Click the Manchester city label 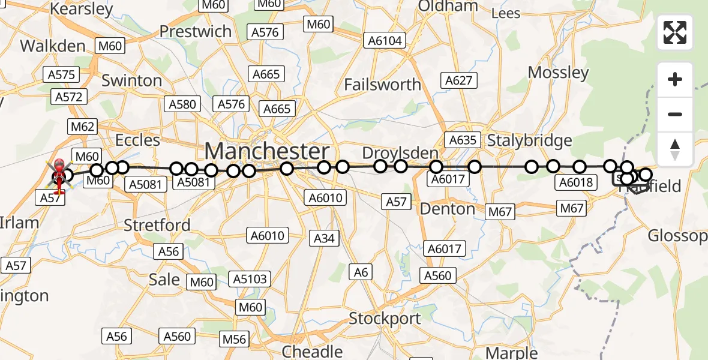tap(268, 151)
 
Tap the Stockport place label tap(385, 318)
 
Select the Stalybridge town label tap(529, 140)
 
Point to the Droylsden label tap(400, 152)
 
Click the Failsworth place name tap(382, 85)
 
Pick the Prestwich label tap(195, 31)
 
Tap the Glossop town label tap(677, 236)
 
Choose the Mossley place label tap(558, 73)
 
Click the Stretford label tap(157, 225)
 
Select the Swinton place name tap(131, 80)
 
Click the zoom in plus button tap(675, 79)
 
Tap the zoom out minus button tap(675, 114)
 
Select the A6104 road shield tap(385, 41)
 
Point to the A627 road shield tap(460, 80)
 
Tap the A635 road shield tap(462, 140)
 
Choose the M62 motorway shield tap(83, 127)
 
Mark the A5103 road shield tap(251, 279)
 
